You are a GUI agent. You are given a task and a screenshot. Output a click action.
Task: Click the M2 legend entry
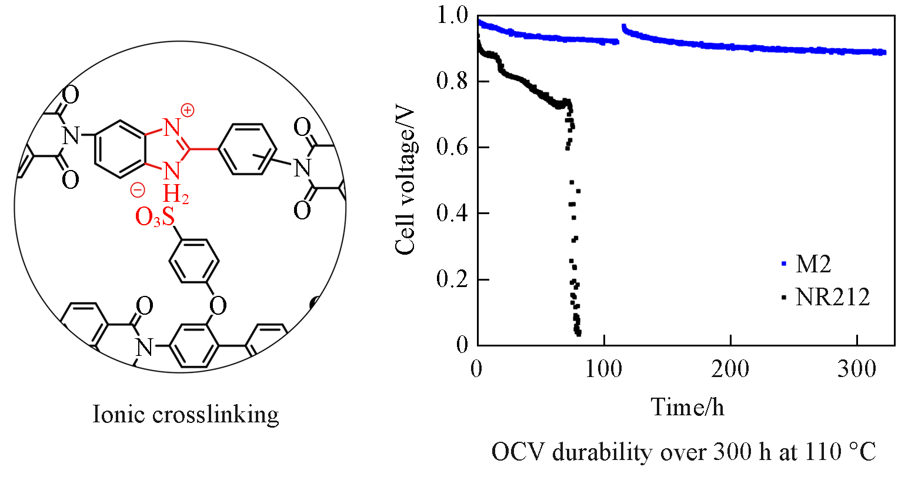[813, 264]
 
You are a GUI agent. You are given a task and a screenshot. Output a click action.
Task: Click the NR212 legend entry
[832, 297]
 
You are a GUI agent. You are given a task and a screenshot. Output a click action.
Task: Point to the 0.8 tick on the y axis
[452, 81]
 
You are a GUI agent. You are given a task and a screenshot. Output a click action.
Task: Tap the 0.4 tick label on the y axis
[452, 213]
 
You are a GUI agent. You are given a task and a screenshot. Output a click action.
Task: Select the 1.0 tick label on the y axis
[452, 15]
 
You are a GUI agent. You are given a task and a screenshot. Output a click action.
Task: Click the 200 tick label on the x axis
[730, 369]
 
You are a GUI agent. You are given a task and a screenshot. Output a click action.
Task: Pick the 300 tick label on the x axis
[857, 369]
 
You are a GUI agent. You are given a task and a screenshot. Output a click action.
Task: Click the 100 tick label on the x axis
[604, 369]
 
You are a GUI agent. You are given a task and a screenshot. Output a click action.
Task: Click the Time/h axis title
[687, 406]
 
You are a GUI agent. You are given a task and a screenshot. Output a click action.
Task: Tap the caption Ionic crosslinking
[186, 415]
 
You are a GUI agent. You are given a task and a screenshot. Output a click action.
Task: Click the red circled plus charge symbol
[187, 110]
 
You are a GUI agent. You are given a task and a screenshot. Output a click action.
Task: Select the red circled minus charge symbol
[137, 190]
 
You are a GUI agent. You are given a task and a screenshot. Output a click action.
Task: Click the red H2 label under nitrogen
[175, 194]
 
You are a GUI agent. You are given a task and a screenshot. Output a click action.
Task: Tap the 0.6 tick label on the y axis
[452, 147]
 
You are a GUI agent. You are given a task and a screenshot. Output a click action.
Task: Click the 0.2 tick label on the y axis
[452, 279]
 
